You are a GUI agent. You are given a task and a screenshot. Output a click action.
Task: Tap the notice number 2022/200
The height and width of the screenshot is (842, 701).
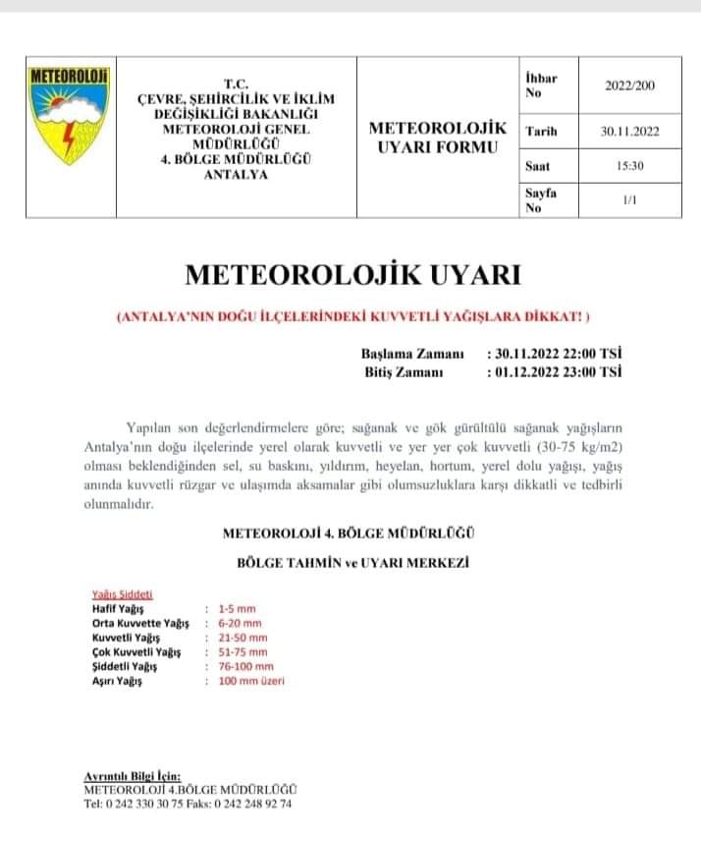(x=629, y=85)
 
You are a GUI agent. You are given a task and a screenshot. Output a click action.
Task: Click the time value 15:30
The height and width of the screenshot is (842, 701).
(x=629, y=166)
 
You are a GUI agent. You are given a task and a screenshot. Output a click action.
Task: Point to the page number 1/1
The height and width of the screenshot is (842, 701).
(x=629, y=199)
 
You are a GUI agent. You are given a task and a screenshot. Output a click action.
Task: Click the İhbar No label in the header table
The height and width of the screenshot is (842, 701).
(x=542, y=84)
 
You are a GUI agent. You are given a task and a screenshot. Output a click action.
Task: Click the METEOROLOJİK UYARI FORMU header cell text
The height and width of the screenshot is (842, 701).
(x=437, y=138)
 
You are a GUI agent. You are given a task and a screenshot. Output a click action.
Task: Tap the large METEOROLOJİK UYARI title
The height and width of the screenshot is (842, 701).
(x=351, y=274)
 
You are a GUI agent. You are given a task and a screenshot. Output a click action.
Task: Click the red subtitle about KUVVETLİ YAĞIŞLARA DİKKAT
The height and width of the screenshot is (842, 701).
(x=352, y=317)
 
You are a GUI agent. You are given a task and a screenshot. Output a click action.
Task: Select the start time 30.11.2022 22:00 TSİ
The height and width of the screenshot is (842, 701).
(x=554, y=353)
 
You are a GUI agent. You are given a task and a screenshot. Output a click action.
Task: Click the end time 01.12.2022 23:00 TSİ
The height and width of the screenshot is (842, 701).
(x=554, y=371)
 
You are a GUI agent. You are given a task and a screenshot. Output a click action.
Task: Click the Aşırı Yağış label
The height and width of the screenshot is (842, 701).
(x=110, y=681)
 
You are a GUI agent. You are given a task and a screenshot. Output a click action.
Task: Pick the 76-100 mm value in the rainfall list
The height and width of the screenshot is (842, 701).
(x=243, y=666)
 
